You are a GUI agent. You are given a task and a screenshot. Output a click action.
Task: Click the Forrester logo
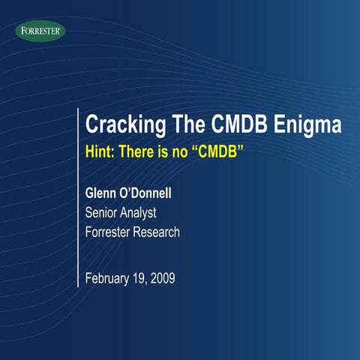40,31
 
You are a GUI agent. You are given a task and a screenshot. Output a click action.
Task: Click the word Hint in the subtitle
100,151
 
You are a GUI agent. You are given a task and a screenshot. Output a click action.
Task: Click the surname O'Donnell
157,195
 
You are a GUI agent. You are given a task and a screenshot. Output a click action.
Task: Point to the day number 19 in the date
141,279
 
